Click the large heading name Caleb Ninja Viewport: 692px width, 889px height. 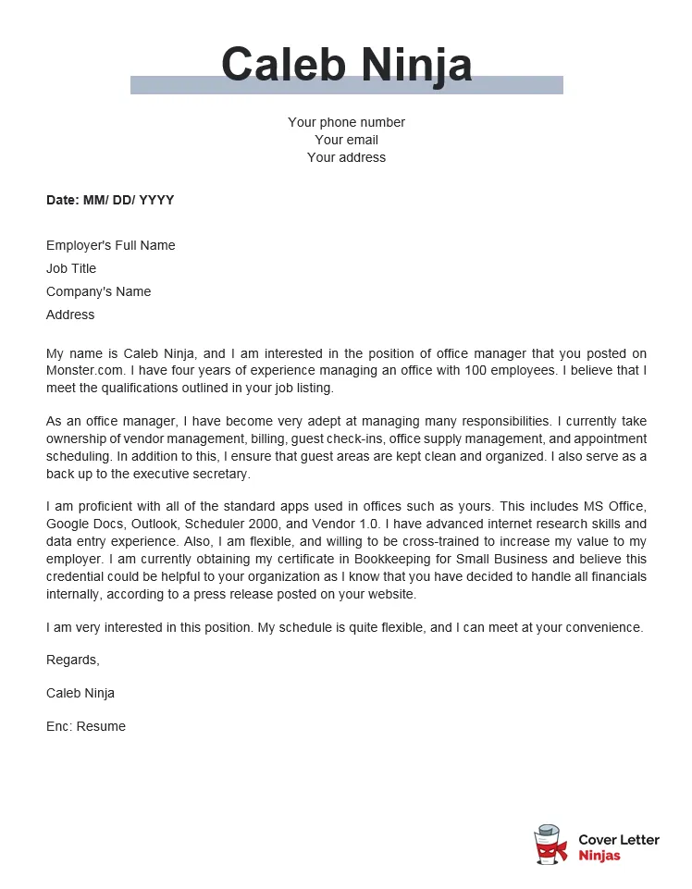pyautogui.click(x=346, y=65)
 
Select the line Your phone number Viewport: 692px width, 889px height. pyautogui.click(x=346, y=122)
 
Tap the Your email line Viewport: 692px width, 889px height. pyautogui.click(x=346, y=140)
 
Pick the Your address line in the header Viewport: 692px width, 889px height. pyautogui.click(x=346, y=157)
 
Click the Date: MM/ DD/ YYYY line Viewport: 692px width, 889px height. pyautogui.click(x=110, y=200)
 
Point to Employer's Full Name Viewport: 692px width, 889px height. pyautogui.click(x=110, y=245)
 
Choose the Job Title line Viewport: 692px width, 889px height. pyautogui.click(x=71, y=268)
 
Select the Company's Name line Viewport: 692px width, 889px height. pyautogui.click(x=98, y=291)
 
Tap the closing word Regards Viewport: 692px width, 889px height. pyautogui.click(x=72, y=660)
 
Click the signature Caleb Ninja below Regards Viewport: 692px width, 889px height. pyautogui.click(x=80, y=693)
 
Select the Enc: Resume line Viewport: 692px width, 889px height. pyautogui.click(x=85, y=726)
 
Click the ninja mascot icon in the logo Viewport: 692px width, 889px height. pyautogui.click(x=550, y=846)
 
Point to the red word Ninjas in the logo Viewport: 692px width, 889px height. pyautogui.click(x=599, y=856)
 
